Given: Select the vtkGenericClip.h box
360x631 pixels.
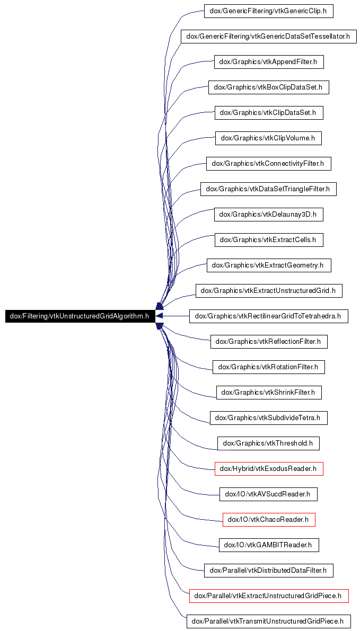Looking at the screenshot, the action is click(x=269, y=11).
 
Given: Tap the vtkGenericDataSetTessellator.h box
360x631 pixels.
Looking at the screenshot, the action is click(x=269, y=36).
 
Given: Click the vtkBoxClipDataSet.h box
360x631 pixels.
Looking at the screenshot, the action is click(x=269, y=87).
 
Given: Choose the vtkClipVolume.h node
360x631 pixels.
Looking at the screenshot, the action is click(x=269, y=138).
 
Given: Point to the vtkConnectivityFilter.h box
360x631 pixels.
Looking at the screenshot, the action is click(x=269, y=164).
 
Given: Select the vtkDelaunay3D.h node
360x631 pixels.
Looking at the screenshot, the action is click(x=269, y=215).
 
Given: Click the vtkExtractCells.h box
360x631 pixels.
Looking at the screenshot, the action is click(x=269, y=240).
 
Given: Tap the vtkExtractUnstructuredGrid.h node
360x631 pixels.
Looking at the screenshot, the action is click(x=269, y=291).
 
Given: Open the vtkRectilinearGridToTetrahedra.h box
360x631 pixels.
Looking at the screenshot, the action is click(x=269, y=316).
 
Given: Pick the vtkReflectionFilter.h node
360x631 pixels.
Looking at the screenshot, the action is click(x=269, y=342).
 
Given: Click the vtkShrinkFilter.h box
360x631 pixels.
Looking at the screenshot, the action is click(x=269, y=393).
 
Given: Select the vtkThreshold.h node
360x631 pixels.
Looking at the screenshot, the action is click(x=268, y=443).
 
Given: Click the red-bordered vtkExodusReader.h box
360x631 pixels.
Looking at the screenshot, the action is click(x=269, y=469).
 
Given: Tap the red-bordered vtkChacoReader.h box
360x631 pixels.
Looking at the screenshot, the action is click(x=269, y=520).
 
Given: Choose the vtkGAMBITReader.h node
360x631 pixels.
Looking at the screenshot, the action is click(x=269, y=545).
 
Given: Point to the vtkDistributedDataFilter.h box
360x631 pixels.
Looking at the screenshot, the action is click(x=269, y=571).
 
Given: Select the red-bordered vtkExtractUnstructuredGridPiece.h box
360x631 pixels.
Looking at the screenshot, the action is click(x=269, y=596).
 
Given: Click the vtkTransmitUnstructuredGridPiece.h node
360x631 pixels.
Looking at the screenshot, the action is click(x=269, y=621).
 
